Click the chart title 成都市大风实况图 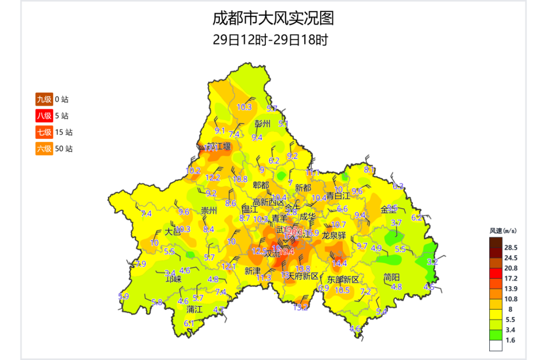coord(273,19)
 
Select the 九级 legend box coord(44,99)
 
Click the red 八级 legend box coord(44,116)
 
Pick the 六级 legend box coord(44,149)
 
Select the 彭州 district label coord(263,124)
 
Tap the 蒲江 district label coord(194,309)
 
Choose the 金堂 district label coord(389,209)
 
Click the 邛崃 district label coord(173,278)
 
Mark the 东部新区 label coord(343,279)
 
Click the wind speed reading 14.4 coord(339,263)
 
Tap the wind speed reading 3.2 coord(432,262)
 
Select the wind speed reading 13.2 coord(301,307)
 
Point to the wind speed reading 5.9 coord(124,296)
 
